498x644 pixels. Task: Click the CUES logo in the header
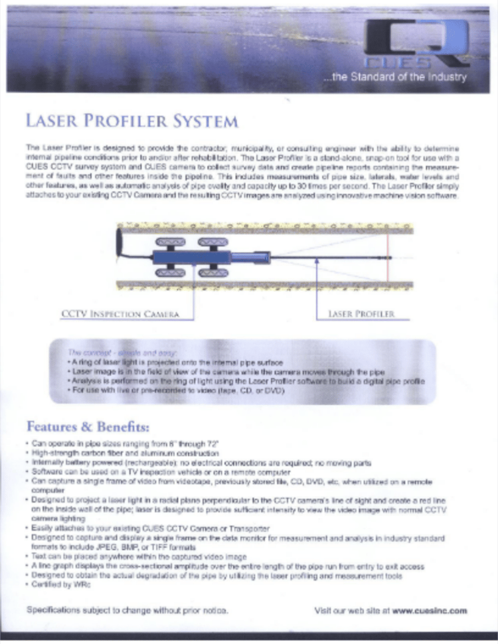click(x=416, y=46)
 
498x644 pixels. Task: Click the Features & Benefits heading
click(x=88, y=425)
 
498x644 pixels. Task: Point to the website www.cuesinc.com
click(x=430, y=610)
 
